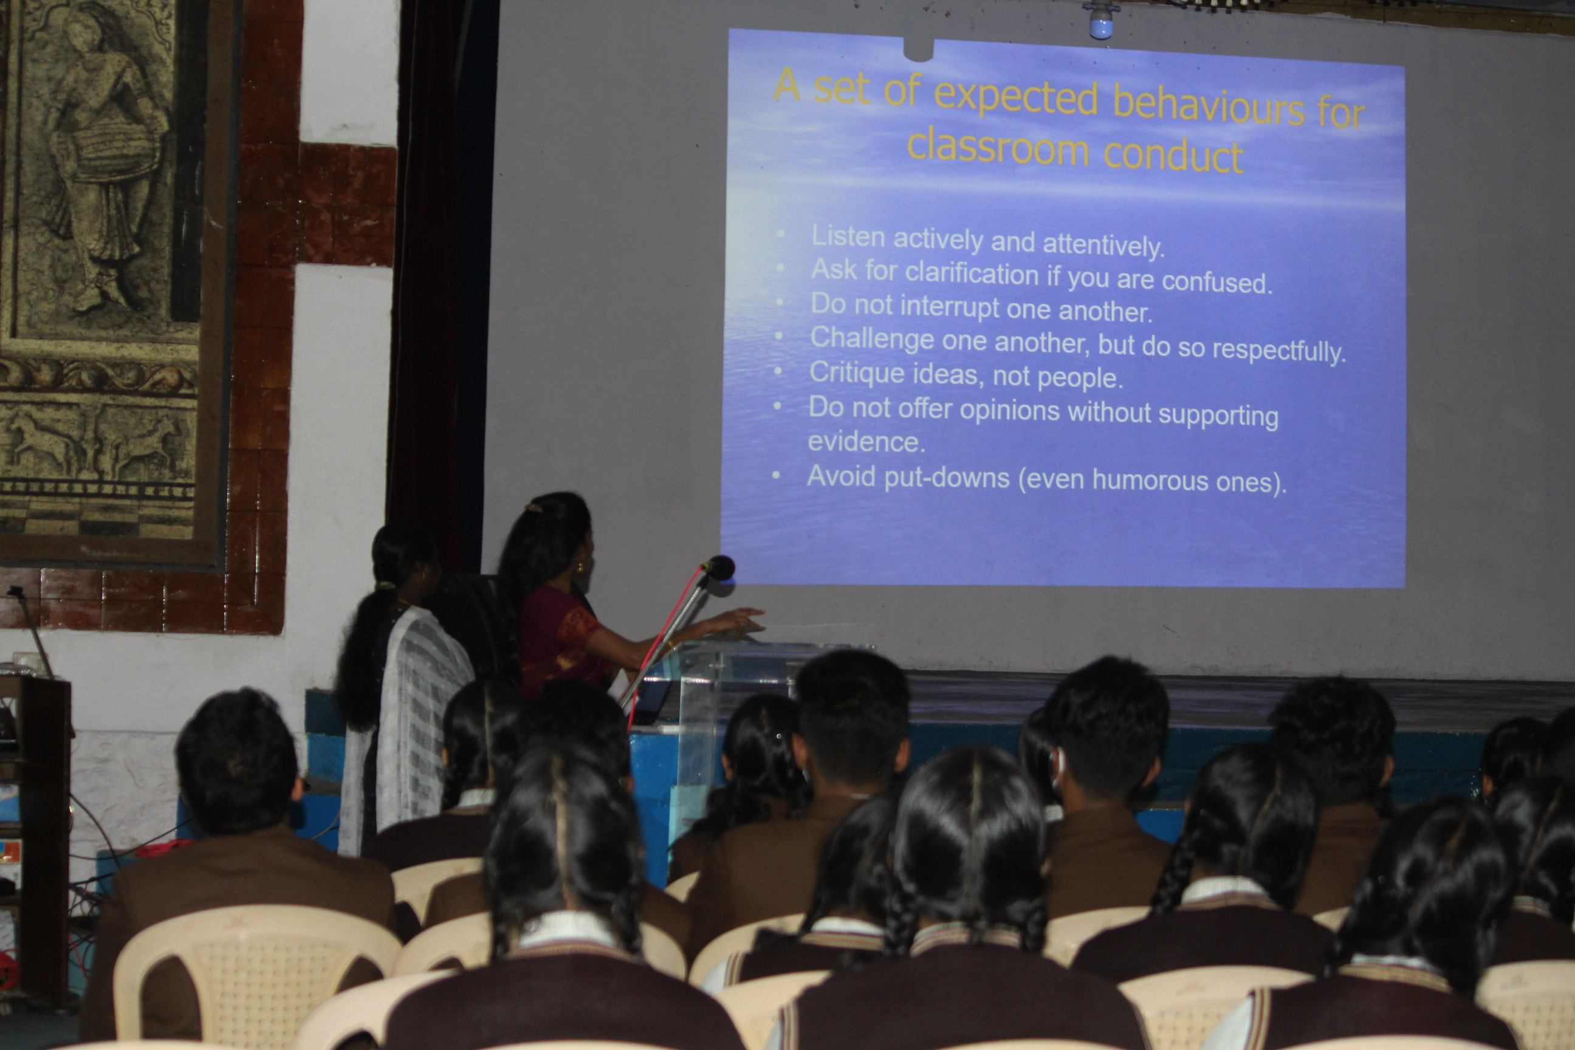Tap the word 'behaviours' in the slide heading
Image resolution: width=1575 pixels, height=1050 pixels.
[x=1209, y=107]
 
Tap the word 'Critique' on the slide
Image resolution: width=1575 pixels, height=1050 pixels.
[x=847, y=372]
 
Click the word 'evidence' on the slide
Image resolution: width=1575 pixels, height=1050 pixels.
[x=866, y=442]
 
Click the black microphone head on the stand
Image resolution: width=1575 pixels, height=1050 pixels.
[x=719, y=568]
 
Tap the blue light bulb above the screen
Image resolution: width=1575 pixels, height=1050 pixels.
[x=1100, y=22]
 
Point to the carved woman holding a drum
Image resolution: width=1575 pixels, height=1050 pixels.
[x=107, y=154]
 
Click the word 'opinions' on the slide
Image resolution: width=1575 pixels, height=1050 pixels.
[x=1009, y=410]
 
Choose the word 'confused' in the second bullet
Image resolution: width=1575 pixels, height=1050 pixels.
[x=1216, y=281]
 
